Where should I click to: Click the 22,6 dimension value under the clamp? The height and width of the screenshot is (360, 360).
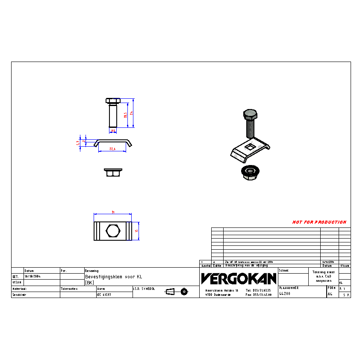point(112,149)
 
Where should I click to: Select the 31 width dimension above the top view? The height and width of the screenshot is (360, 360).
point(113,212)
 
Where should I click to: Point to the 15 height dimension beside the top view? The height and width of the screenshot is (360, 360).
point(136,231)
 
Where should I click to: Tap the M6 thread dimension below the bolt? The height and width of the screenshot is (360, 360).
point(113,131)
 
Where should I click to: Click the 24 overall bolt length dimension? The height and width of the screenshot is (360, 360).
point(132,113)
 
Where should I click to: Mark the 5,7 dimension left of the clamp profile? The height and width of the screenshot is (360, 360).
point(78,143)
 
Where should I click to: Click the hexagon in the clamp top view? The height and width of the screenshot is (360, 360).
point(113,231)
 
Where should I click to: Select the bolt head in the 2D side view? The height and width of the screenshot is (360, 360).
point(113,101)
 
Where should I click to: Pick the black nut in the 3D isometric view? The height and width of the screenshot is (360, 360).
point(248,172)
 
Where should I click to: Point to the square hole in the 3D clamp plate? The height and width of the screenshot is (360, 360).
point(251,148)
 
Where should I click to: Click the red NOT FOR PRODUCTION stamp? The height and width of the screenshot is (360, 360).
point(319,222)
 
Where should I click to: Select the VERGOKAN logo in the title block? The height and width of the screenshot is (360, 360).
point(239,279)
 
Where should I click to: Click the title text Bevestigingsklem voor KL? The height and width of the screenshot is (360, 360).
point(113,277)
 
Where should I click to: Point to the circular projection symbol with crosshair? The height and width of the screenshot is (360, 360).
point(184,292)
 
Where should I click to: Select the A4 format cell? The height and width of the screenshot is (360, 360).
point(330,294)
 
